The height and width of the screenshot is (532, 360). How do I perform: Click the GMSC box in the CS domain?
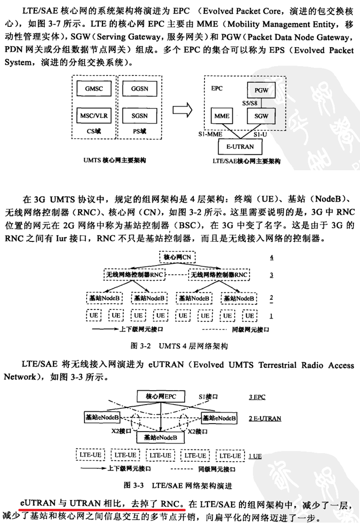click(x=94, y=89)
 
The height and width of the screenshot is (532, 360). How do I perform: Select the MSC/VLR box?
click(x=94, y=116)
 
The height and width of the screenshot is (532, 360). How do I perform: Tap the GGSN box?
click(x=139, y=89)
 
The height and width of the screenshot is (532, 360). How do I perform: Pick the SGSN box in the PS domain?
click(x=139, y=116)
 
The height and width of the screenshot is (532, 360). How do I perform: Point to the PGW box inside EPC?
click(x=262, y=90)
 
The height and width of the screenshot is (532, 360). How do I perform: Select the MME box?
click(x=222, y=116)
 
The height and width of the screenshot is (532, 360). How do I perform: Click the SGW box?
click(x=262, y=116)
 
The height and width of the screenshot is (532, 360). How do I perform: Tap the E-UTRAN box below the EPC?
click(x=240, y=147)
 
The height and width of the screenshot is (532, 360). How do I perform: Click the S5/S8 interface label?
click(x=250, y=103)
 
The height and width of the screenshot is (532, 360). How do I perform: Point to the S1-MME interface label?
click(x=211, y=134)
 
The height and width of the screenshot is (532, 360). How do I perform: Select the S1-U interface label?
click(x=260, y=134)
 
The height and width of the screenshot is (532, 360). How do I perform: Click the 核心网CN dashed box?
click(x=178, y=257)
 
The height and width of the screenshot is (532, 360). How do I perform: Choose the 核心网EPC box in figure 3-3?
click(x=161, y=397)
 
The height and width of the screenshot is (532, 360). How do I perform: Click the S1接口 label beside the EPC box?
click(x=208, y=397)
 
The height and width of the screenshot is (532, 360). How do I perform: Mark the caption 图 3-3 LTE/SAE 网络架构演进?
click(x=178, y=485)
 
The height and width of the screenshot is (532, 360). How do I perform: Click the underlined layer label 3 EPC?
click(x=257, y=397)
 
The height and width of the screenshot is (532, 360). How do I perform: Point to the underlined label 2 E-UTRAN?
click(x=265, y=418)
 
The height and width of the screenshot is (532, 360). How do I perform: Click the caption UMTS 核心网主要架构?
click(x=115, y=160)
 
